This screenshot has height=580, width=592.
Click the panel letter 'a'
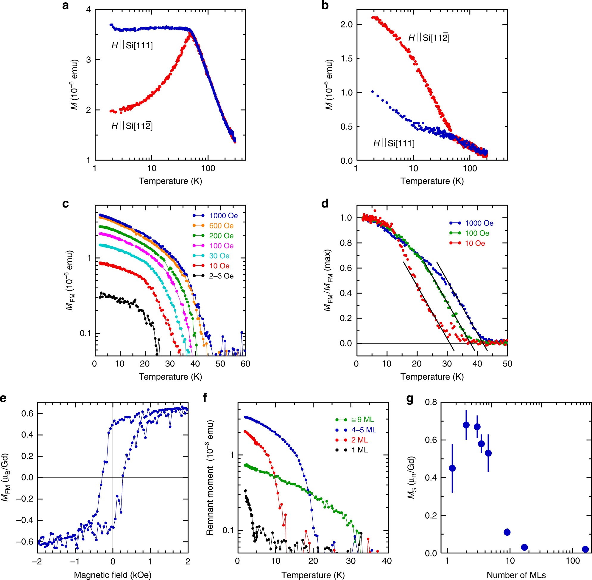click(65, 5)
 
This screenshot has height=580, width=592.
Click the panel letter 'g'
click(410, 398)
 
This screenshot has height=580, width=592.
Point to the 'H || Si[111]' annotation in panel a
click(132, 46)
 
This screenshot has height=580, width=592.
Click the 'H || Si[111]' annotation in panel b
click(394, 143)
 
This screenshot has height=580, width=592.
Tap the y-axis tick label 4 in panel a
click(88, 10)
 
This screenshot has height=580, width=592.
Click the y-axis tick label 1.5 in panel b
click(347, 58)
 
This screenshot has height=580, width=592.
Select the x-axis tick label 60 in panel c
click(245, 364)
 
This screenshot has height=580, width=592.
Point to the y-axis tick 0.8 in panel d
click(346, 243)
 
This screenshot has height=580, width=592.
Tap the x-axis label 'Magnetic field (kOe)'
click(113, 575)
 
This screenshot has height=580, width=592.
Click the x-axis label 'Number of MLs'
click(516, 575)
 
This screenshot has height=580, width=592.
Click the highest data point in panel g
click(466, 425)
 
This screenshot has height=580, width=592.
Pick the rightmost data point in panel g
click(585, 549)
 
